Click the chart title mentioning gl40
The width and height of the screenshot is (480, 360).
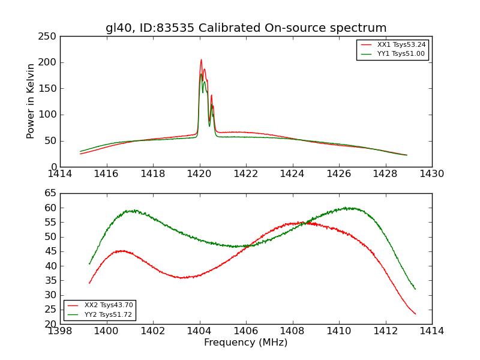coord(246,28)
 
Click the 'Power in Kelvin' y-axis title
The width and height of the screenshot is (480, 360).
coord(31,101)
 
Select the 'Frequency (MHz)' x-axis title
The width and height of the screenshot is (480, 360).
coord(245,343)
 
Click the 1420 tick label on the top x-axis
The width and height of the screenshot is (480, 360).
coord(199,174)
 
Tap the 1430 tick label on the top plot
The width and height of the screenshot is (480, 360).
coord(431,174)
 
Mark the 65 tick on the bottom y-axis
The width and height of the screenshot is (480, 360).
coord(51,193)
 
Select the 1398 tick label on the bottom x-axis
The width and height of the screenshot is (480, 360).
coord(60,331)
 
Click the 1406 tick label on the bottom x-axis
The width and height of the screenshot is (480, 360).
coord(246,331)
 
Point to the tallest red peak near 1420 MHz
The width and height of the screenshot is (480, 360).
coord(201,59)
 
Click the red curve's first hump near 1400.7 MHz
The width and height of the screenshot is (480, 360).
coord(122,251)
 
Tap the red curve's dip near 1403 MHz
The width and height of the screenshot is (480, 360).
coord(182,277)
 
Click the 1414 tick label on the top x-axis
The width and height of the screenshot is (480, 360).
coord(60,174)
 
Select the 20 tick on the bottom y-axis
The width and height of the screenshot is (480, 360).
coord(51,324)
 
